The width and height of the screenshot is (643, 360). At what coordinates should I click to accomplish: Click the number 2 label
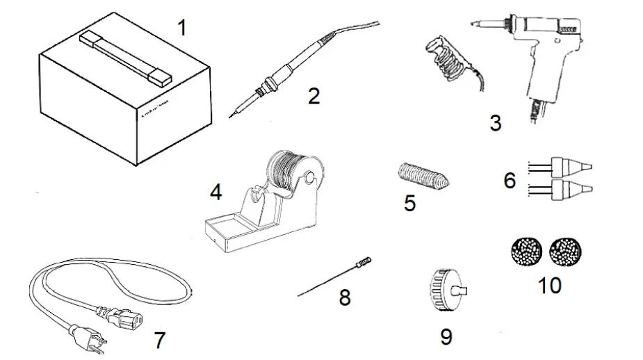[314, 96]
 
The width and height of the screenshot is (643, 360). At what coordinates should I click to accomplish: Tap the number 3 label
[495, 123]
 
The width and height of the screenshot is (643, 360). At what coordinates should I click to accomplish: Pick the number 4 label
[216, 192]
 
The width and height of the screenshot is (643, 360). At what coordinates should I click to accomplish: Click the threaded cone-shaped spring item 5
[421, 177]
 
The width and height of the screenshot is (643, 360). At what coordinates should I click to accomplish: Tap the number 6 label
[510, 181]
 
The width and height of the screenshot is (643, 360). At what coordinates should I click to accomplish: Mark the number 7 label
[160, 341]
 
